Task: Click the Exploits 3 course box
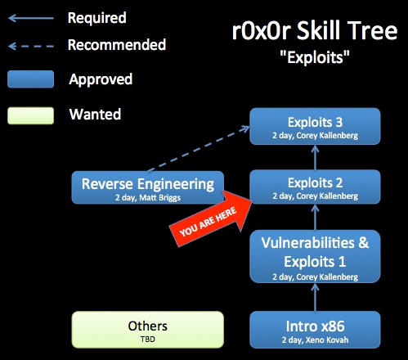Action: point(315,126)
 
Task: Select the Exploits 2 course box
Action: point(315,187)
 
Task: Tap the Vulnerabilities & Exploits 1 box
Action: point(315,256)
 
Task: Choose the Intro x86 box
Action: point(315,330)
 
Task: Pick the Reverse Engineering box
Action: point(148,187)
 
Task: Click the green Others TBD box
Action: point(148,330)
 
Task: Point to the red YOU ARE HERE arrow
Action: point(210,219)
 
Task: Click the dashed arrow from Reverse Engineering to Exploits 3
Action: point(199,149)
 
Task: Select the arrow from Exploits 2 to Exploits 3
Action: point(315,157)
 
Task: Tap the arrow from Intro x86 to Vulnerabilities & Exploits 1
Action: point(315,297)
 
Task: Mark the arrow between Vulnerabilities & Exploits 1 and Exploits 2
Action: point(315,217)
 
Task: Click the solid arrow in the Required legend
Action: point(31,18)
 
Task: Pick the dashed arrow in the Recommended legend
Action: point(31,46)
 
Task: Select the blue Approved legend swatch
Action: point(30,79)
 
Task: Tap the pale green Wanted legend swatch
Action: point(30,115)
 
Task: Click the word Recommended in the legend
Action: point(117,45)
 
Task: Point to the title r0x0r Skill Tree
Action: point(315,30)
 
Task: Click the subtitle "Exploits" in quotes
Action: point(315,57)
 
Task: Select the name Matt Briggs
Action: point(159,198)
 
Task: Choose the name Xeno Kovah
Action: point(327,340)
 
